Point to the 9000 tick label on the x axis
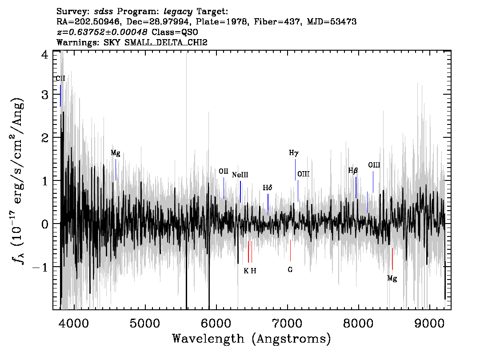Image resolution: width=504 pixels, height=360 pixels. click(429, 324)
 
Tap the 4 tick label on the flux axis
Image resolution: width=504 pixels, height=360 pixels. click(45, 55)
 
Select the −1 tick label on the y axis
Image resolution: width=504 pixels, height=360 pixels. click(40, 268)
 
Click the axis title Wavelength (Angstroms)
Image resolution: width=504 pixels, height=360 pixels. click(252, 339)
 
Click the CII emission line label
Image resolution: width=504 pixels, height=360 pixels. click(60, 78)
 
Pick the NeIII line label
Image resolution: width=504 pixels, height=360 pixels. click(240, 175)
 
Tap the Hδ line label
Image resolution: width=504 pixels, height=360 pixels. click(268, 188)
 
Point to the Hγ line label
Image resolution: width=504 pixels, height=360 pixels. click(294, 153)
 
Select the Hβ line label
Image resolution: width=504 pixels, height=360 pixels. click(353, 171)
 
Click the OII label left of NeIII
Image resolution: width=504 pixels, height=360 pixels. click(224, 171)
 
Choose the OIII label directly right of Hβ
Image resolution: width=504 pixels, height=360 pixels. click(374, 165)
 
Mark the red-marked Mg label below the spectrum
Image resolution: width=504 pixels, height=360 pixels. click(392, 278)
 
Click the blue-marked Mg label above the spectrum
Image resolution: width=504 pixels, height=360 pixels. click(116, 153)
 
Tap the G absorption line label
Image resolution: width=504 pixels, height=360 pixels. click(290, 270)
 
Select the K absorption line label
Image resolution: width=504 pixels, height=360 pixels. click(246, 271)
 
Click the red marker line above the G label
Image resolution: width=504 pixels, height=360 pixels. click(290, 250)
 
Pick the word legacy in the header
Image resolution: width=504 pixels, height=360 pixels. click(178, 12)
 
